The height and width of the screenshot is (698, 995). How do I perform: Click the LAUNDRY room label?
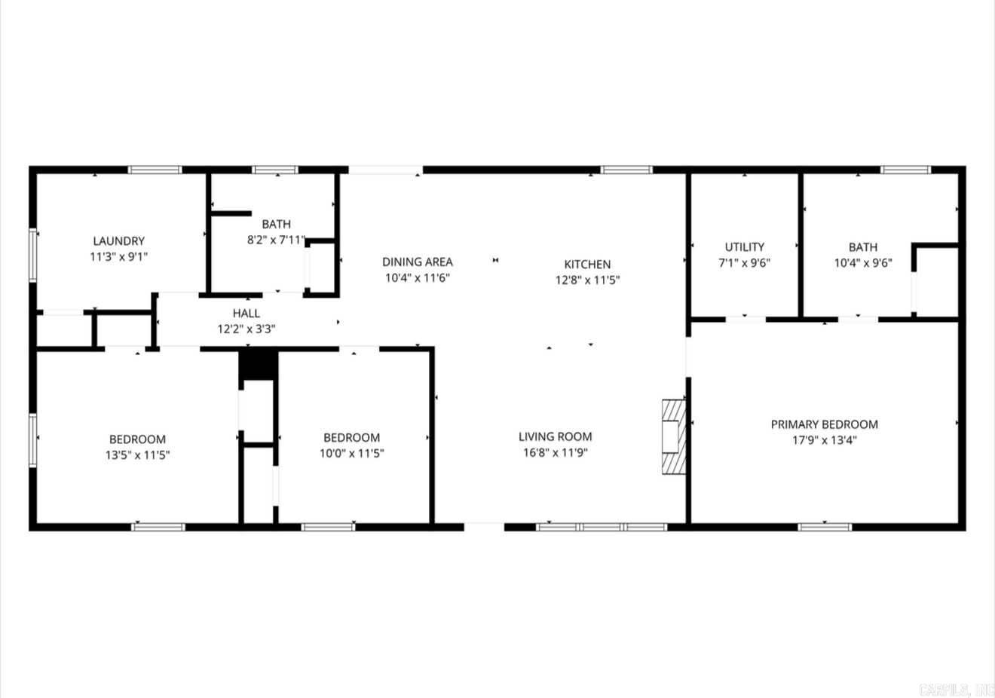[118, 241]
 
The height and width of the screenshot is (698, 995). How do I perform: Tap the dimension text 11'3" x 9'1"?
[118, 256]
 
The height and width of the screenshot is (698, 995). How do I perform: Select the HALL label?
[246, 313]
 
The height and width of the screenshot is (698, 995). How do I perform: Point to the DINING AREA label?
[418, 262]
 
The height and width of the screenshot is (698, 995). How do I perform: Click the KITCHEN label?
[587, 264]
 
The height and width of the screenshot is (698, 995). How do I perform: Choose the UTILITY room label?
[744, 246]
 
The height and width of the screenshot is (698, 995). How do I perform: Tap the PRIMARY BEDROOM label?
[824, 424]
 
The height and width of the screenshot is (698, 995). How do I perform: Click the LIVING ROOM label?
[555, 436]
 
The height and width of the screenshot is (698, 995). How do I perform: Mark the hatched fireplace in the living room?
[673, 436]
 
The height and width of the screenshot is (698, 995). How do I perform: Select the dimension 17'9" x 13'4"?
[824, 440]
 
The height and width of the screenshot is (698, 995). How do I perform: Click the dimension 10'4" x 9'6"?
[862, 263]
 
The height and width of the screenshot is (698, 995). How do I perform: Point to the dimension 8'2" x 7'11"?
[277, 240]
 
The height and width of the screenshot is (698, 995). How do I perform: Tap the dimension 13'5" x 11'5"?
[137, 455]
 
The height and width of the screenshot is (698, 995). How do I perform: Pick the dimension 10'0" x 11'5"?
[351, 454]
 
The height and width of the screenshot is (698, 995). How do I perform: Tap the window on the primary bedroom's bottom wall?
[825, 526]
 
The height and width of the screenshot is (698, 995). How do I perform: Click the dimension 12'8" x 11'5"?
[587, 280]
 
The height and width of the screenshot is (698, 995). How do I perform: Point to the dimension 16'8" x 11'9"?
[555, 453]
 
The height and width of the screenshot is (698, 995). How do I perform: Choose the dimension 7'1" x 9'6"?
[744, 263]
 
